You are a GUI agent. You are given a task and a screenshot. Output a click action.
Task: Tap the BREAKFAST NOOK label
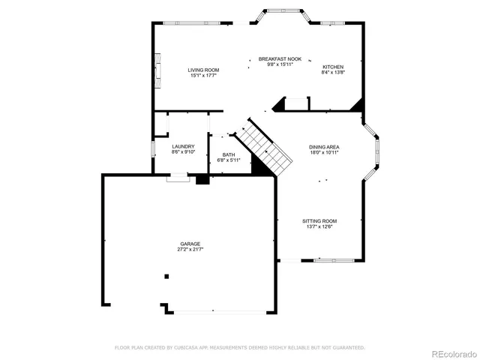tap(280, 58)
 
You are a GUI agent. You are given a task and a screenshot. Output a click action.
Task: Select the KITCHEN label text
tap(332, 67)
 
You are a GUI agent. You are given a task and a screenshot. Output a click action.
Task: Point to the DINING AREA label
tap(324, 147)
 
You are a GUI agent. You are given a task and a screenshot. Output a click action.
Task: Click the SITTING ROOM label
tap(319, 221)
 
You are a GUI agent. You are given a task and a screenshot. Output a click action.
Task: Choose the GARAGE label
tap(190, 244)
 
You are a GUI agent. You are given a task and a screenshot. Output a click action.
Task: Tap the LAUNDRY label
tap(183, 146)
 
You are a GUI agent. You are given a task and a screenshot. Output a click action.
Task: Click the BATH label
tap(228, 154)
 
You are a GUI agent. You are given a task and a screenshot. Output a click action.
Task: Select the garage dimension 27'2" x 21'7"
tap(190, 249)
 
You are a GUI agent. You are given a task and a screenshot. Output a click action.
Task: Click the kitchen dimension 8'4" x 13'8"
tap(332, 72)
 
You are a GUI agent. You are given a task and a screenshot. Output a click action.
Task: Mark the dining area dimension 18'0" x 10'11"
tap(324, 152)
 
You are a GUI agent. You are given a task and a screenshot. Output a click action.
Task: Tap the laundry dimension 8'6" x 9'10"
tap(183, 151)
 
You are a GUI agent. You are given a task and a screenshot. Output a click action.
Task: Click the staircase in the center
tap(266, 148)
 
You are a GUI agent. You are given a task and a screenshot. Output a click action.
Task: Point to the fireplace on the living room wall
tap(157, 70)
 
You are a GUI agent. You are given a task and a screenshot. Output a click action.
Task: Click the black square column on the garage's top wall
tap(201, 179)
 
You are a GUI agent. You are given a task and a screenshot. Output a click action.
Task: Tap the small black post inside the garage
tap(167, 276)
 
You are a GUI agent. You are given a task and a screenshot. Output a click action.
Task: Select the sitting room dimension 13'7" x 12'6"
tap(319, 226)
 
